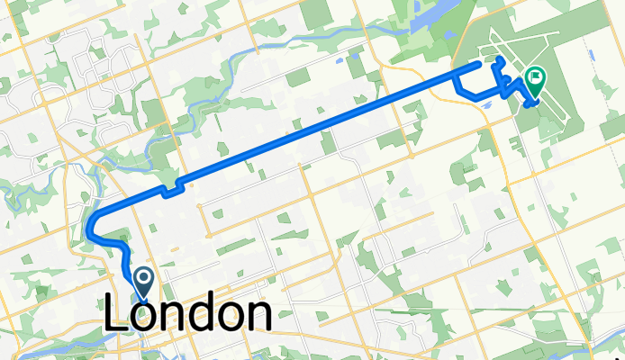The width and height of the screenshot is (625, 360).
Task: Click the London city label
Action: [x=189, y=315]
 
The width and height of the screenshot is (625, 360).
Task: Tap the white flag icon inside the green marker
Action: [x=535, y=79]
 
